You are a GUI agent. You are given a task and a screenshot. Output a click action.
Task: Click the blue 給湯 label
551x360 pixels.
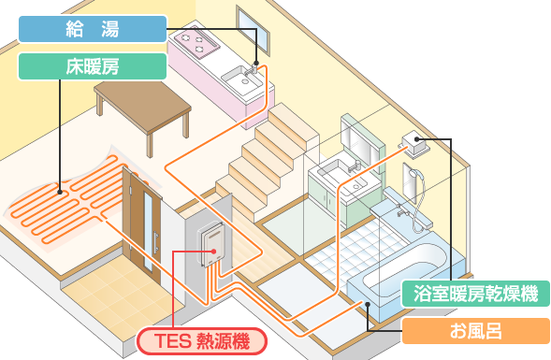tap(93, 29)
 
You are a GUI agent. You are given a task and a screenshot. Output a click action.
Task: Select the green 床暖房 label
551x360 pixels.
tap(93, 65)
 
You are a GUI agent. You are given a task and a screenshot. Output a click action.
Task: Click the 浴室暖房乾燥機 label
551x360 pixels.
tap(475, 294)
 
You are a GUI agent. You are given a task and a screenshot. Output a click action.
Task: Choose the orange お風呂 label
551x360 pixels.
tap(475, 330)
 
